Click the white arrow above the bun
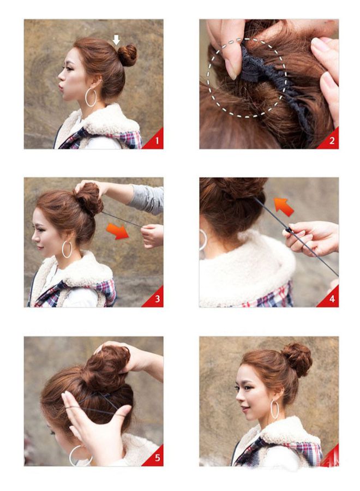(x=116, y=39)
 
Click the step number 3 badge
(x=156, y=299)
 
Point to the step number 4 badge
(x=332, y=299)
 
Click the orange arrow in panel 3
(x=117, y=231)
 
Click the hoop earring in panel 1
(x=91, y=98)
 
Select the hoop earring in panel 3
(x=67, y=249)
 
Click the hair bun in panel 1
(x=127, y=55)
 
